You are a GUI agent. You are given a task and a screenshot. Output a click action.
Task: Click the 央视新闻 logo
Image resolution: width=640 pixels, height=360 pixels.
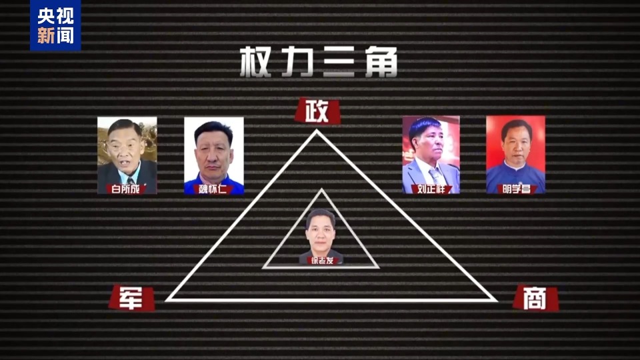[55, 25]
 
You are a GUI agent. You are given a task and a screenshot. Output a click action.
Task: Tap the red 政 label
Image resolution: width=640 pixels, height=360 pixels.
[317, 111]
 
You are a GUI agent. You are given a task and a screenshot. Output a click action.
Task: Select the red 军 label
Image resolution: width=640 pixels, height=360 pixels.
[131, 297]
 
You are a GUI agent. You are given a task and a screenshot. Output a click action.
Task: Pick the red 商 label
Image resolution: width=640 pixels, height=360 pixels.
[535, 299]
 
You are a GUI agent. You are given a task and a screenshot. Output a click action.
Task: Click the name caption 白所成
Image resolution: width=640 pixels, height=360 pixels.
[126, 189]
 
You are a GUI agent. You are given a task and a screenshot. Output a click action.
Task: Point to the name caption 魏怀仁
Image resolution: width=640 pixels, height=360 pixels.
[213, 189]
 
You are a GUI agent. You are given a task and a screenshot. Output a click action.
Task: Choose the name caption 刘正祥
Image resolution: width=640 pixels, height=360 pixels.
[431, 189]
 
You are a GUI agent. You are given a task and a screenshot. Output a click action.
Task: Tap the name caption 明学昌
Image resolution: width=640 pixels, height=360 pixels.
[516, 189]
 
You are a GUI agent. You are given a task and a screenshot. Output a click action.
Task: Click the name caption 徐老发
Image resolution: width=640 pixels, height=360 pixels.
[322, 261]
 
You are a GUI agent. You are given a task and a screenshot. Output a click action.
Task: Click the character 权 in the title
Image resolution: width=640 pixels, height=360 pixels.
[256, 61]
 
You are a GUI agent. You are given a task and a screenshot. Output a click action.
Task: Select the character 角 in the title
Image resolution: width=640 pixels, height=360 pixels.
[381, 61]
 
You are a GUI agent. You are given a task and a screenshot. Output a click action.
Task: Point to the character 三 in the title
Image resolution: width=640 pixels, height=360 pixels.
[339, 61]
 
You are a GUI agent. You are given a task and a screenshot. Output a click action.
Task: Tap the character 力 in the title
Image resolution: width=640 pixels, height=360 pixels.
[297, 61]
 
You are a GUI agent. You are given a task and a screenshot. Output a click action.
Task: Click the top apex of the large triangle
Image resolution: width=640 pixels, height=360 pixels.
[317, 130]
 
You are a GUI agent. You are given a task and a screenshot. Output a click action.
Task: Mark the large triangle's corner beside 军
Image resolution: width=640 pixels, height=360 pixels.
[167, 301]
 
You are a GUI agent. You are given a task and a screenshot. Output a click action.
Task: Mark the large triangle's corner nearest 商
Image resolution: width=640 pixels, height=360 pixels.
[496, 301]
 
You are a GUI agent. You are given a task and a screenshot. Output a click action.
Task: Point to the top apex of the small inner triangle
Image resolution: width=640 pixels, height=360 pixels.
[321, 190]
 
